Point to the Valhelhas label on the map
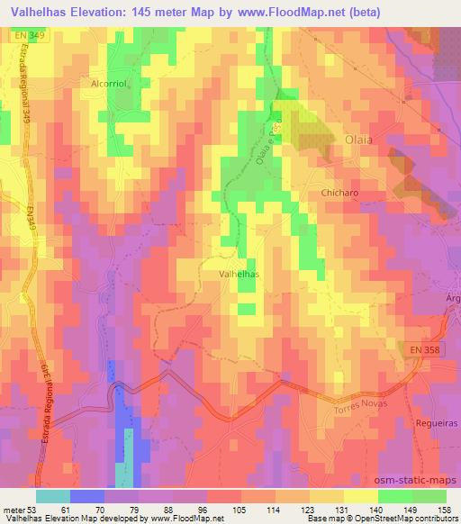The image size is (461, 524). click(x=240, y=273)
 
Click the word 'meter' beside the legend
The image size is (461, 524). click(x=15, y=509)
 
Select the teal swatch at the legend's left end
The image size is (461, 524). click(x=53, y=496)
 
